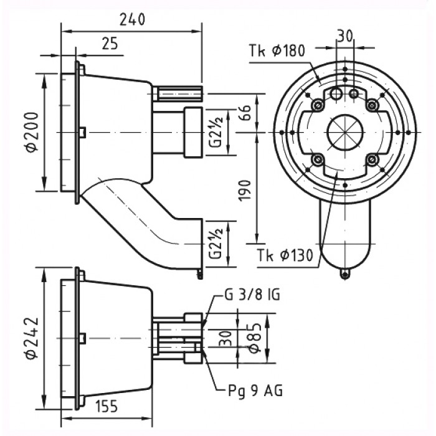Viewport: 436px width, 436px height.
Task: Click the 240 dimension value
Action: pyautogui.click(x=132, y=20)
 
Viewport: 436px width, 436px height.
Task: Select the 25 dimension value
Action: pyautogui.click(x=110, y=44)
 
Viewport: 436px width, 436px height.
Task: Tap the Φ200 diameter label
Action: pyautogui.click(x=32, y=132)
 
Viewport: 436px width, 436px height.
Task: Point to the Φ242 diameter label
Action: pyautogui.click(x=32, y=338)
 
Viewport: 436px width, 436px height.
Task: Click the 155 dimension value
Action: pyautogui.click(x=107, y=407)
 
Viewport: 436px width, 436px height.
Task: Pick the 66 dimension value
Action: pyautogui.click(x=245, y=112)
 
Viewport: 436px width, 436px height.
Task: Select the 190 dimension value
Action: pyautogui.click(x=245, y=190)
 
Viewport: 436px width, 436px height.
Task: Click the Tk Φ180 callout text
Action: pyautogui.click(x=277, y=51)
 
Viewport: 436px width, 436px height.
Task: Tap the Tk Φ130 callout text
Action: pyautogui.click(x=285, y=255)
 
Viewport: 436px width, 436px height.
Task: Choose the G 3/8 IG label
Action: pyautogui.click(x=252, y=295)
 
